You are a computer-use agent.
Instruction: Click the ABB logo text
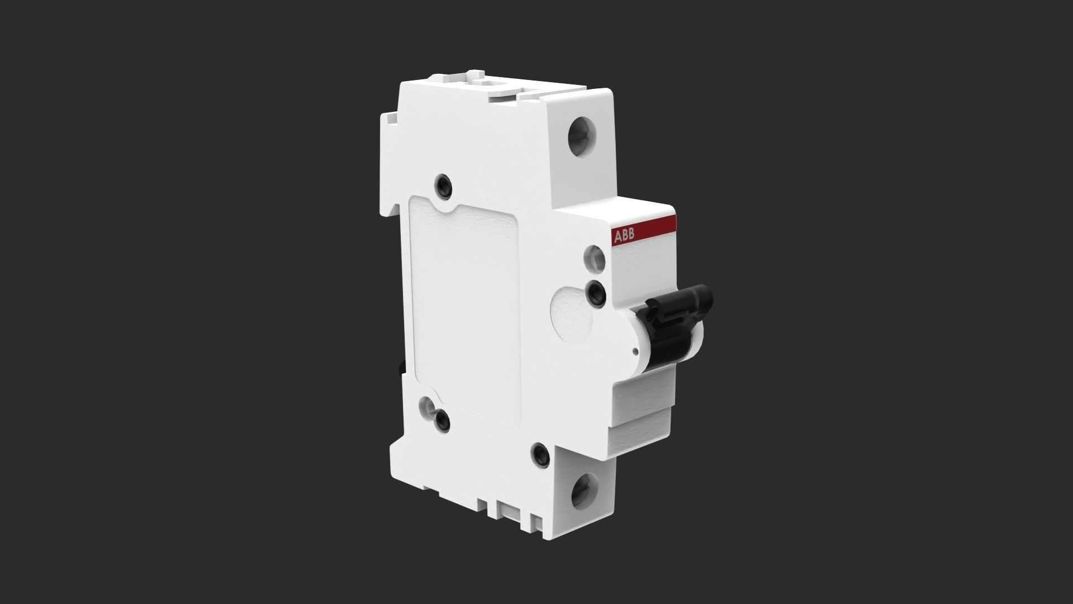pos(624,237)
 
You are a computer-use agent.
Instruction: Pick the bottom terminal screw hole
pos(585,489)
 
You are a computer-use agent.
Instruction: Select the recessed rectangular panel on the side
pos(464,313)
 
